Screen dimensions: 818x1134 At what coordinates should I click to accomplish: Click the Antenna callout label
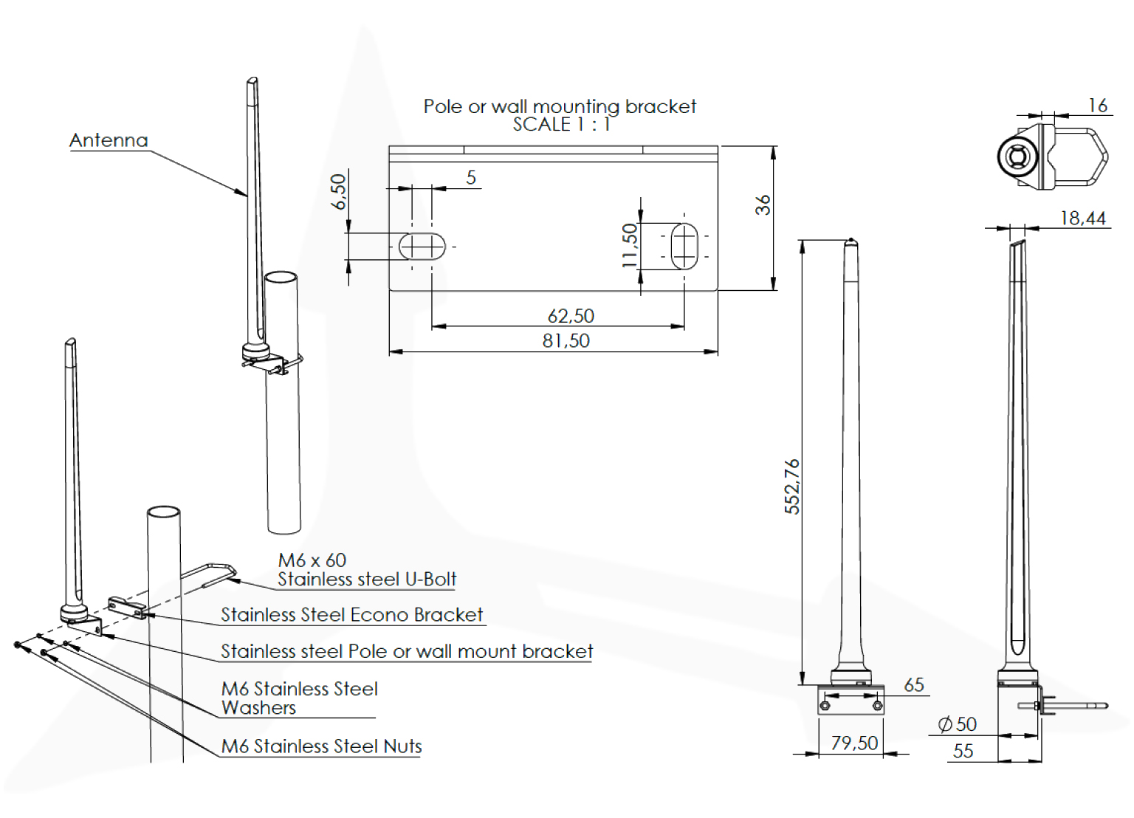click(x=109, y=140)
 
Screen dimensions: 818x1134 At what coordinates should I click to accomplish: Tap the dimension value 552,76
click(x=792, y=486)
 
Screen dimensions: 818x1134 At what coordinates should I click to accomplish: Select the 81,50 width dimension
click(x=566, y=340)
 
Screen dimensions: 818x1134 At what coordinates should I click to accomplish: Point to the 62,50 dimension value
click(x=571, y=316)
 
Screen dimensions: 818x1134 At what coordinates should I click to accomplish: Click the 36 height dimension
click(x=763, y=205)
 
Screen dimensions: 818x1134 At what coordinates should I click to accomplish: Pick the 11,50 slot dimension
click(x=629, y=245)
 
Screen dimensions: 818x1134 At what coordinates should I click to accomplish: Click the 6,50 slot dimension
click(x=338, y=192)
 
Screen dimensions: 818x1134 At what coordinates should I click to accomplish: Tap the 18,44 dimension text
click(x=1082, y=218)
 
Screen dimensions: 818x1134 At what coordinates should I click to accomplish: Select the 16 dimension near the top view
click(x=1098, y=106)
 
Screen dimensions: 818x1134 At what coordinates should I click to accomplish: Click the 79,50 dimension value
click(x=854, y=743)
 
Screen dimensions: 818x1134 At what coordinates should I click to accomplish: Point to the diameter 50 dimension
click(x=958, y=724)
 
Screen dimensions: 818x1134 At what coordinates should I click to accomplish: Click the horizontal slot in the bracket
click(x=422, y=246)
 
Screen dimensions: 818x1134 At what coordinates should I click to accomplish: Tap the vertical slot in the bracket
click(x=684, y=246)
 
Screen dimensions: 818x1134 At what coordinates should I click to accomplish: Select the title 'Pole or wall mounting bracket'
click(x=560, y=106)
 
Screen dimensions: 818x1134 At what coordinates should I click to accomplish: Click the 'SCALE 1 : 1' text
click(x=562, y=124)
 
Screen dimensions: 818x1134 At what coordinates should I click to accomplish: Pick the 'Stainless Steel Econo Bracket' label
click(x=351, y=615)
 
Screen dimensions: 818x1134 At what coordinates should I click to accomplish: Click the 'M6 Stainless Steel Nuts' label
click(x=321, y=746)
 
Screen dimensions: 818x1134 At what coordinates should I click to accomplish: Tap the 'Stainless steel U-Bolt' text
click(x=367, y=579)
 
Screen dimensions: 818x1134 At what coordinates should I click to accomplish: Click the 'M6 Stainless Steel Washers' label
click(x=299, y=698)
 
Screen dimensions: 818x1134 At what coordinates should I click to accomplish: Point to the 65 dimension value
click(x=914, y=685)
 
